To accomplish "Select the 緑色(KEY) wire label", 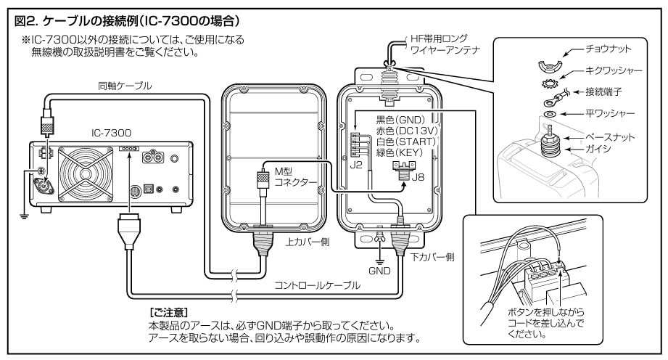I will [x=404, y=153].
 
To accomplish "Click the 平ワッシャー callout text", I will [x=612, y=113].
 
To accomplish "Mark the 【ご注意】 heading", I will [x=167, y=310].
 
